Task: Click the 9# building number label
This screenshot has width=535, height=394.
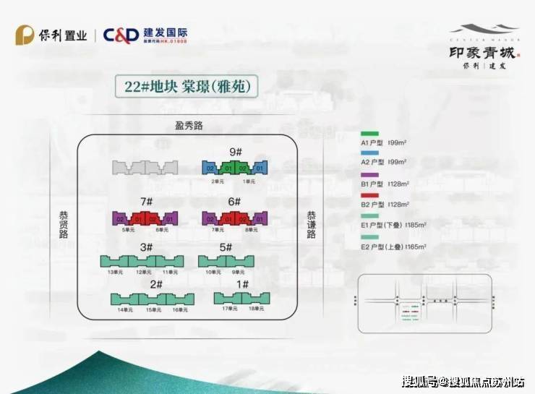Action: point(235,152)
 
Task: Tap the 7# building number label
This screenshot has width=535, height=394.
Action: point(146,202)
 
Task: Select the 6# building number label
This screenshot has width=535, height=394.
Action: point(234,202)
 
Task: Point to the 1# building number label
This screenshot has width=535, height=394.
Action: point(242,284)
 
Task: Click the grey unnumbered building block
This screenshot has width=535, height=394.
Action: point(145,167)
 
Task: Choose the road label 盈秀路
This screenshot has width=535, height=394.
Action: point(189,126)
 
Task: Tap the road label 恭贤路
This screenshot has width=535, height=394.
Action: point(64,225)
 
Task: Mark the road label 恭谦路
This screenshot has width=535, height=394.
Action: point(311,225)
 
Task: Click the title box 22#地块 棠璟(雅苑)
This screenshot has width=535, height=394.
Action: point(186,87)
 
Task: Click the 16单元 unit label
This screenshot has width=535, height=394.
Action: point(180,309)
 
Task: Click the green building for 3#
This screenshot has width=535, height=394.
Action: point(145,261)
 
